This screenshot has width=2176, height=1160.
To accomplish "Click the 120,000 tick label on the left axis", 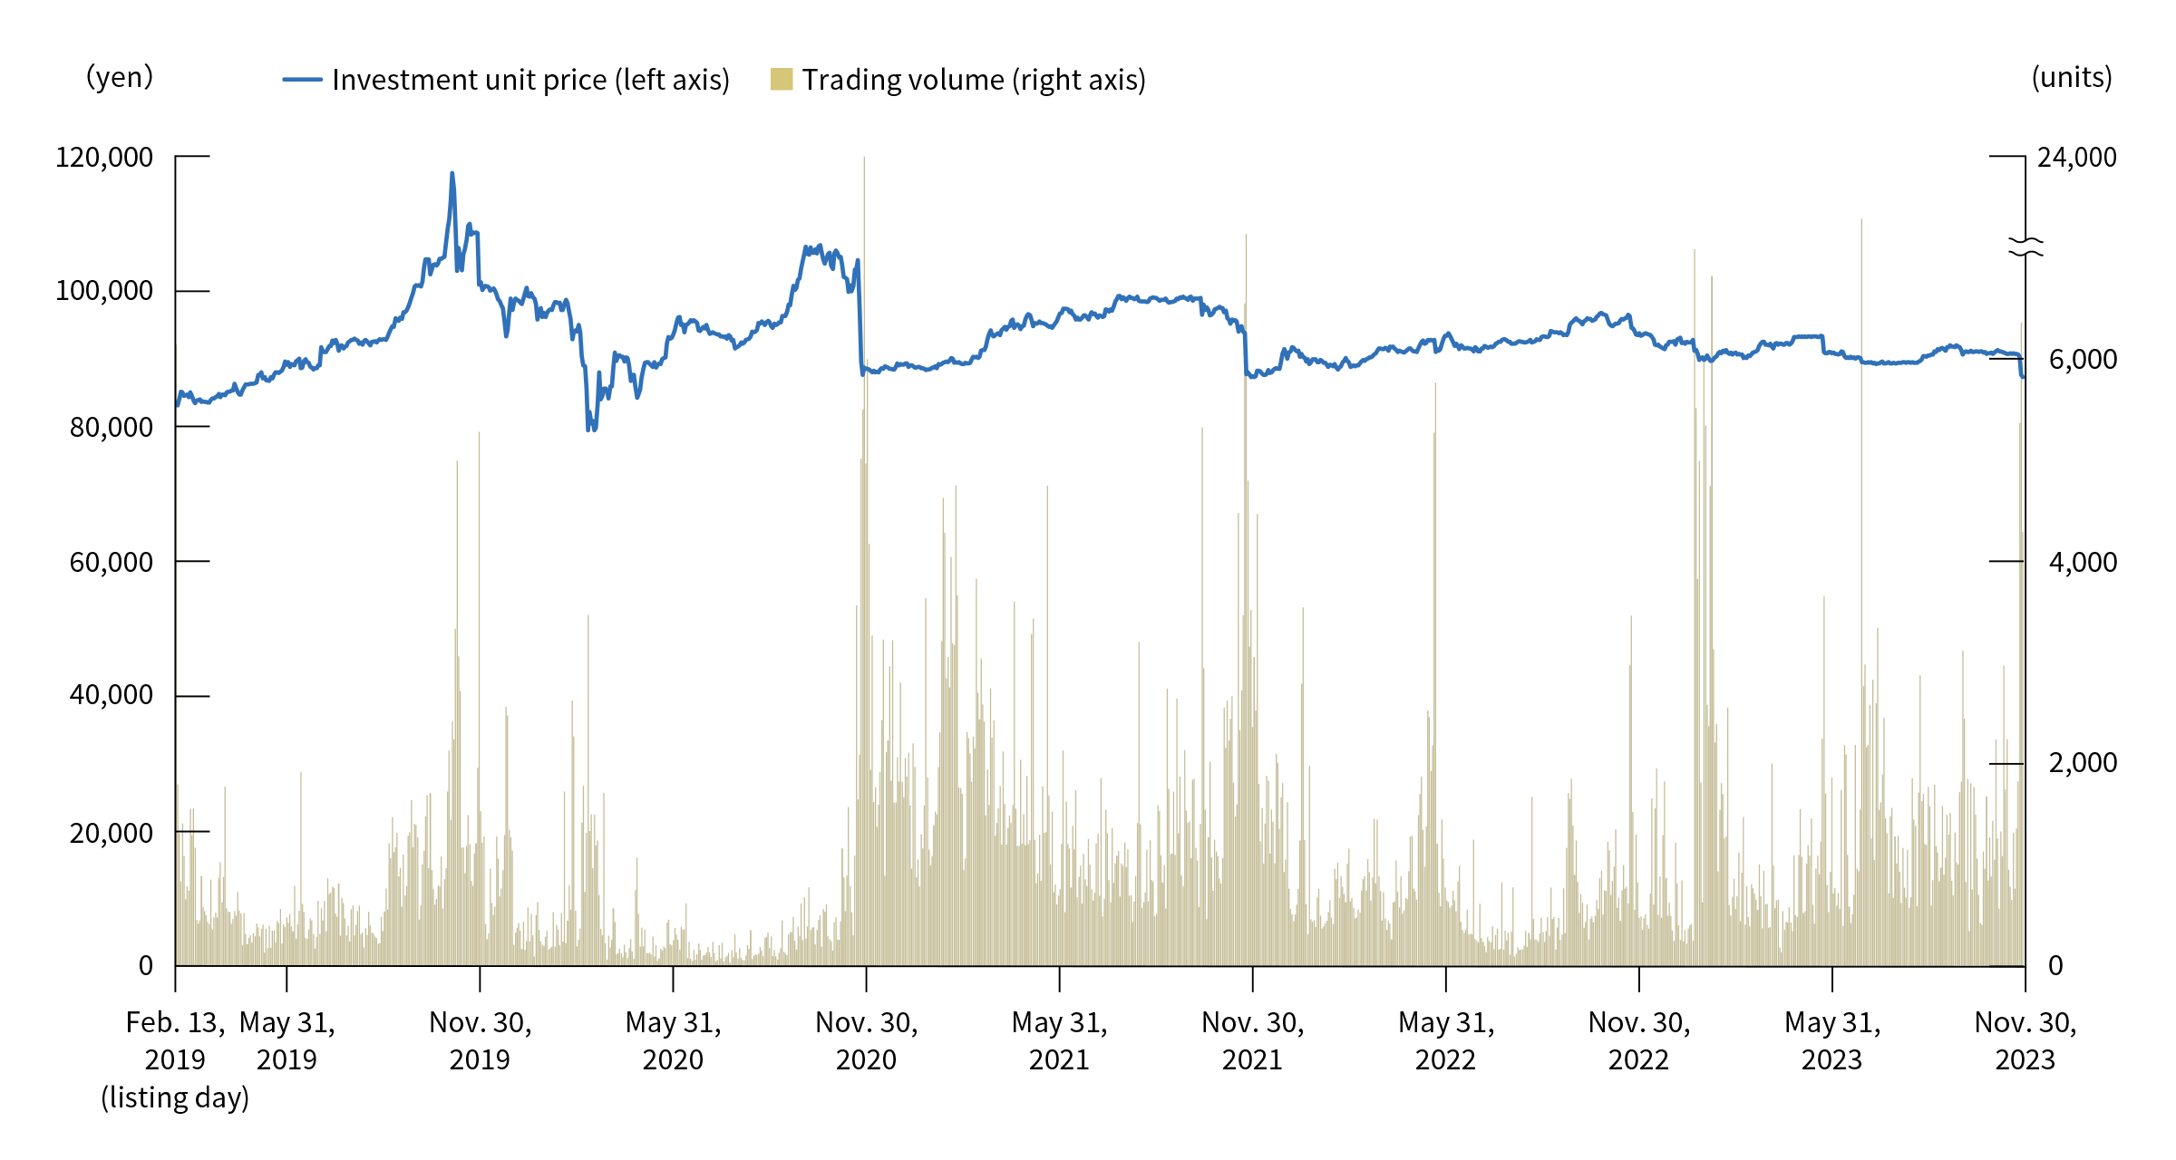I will (x=104, y=158).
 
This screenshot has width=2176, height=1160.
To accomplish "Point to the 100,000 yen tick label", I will (x=104, y=291).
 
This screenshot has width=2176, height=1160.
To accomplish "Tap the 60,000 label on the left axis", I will (x=112, y=562).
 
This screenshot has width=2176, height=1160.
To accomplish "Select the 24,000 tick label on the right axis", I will (x=2076, y=158).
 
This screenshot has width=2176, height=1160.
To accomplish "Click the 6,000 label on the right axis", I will (x=2083, y=360).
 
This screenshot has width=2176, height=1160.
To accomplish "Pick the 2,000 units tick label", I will (x=2083, y=762).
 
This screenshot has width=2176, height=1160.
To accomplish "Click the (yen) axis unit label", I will (x=120, y=77).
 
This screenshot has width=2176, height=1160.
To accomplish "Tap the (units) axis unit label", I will (x=2072, y=78).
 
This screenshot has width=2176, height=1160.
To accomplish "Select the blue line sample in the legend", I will (x=302, y=80).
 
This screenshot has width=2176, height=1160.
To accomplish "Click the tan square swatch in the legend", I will (x=782, y=80).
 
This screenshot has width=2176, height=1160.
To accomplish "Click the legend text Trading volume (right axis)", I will (x=974, y=80).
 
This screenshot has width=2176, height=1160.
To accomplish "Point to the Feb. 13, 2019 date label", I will (x=175, y=1040).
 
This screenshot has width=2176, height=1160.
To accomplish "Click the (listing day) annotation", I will (x=175, y=1097).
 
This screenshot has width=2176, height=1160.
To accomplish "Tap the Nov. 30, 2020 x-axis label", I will (x=866, y=1040).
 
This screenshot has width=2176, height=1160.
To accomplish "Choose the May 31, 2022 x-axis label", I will (x=1446, y=1040).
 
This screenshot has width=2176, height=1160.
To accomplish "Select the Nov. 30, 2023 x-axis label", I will (x=2025, y=1040).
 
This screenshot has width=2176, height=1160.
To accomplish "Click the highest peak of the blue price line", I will (x=452, y=173).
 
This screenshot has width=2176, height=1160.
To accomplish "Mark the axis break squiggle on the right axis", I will (x=2025, y=246).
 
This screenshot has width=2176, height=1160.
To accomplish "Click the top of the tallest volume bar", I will (x=864, y=159).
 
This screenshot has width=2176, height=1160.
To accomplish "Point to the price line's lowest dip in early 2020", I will (x=588, y=430).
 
